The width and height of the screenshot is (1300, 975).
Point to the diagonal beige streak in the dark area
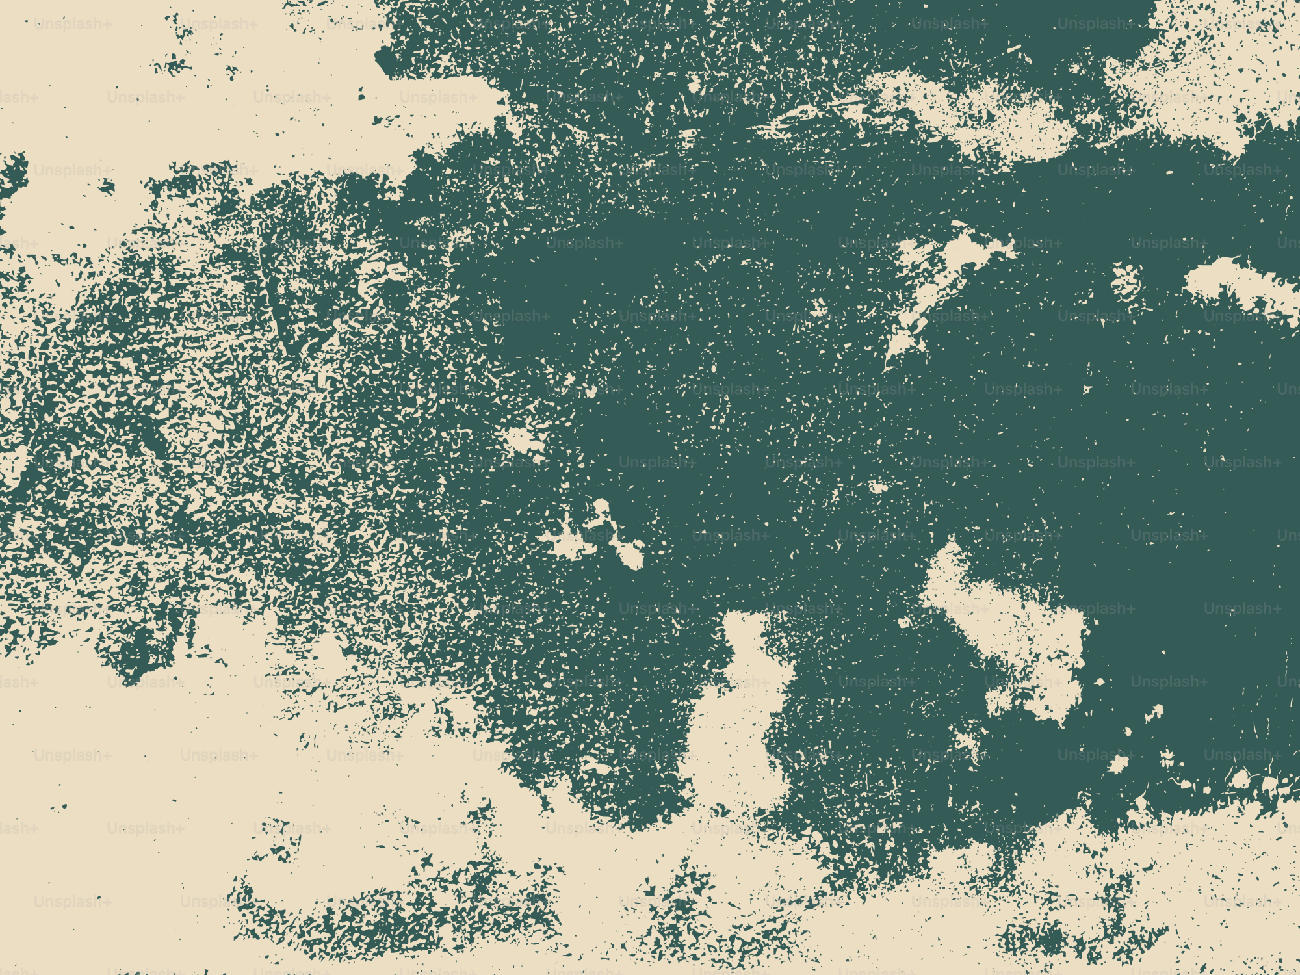[936, 286]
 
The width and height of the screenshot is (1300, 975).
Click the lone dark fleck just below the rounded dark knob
[361, 97]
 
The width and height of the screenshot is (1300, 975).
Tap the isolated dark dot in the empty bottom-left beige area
[64, 808]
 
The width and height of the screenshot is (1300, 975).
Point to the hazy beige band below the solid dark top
[975, 117]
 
